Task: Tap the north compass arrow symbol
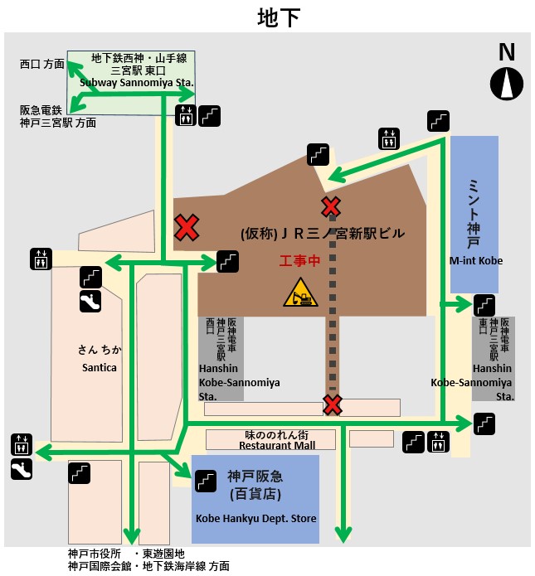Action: coord(507,83)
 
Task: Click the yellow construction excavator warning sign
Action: coord(299,293)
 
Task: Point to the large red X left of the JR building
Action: coord(187,226)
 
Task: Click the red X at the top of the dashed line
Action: coord(332,206)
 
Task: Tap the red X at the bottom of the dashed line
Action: coord(333,404)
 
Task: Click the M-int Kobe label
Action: coord(476,260)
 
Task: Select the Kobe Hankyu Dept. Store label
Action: coord(255,519)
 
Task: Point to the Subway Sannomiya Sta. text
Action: coord(137,83)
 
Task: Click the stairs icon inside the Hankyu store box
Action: coord(206,480)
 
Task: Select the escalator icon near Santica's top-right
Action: coord(90,302)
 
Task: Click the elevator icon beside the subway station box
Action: coord(185,115)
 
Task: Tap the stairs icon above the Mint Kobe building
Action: coord(438,121)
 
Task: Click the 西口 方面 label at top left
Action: coord(41,64)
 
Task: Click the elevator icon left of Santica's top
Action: coord(39,258)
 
